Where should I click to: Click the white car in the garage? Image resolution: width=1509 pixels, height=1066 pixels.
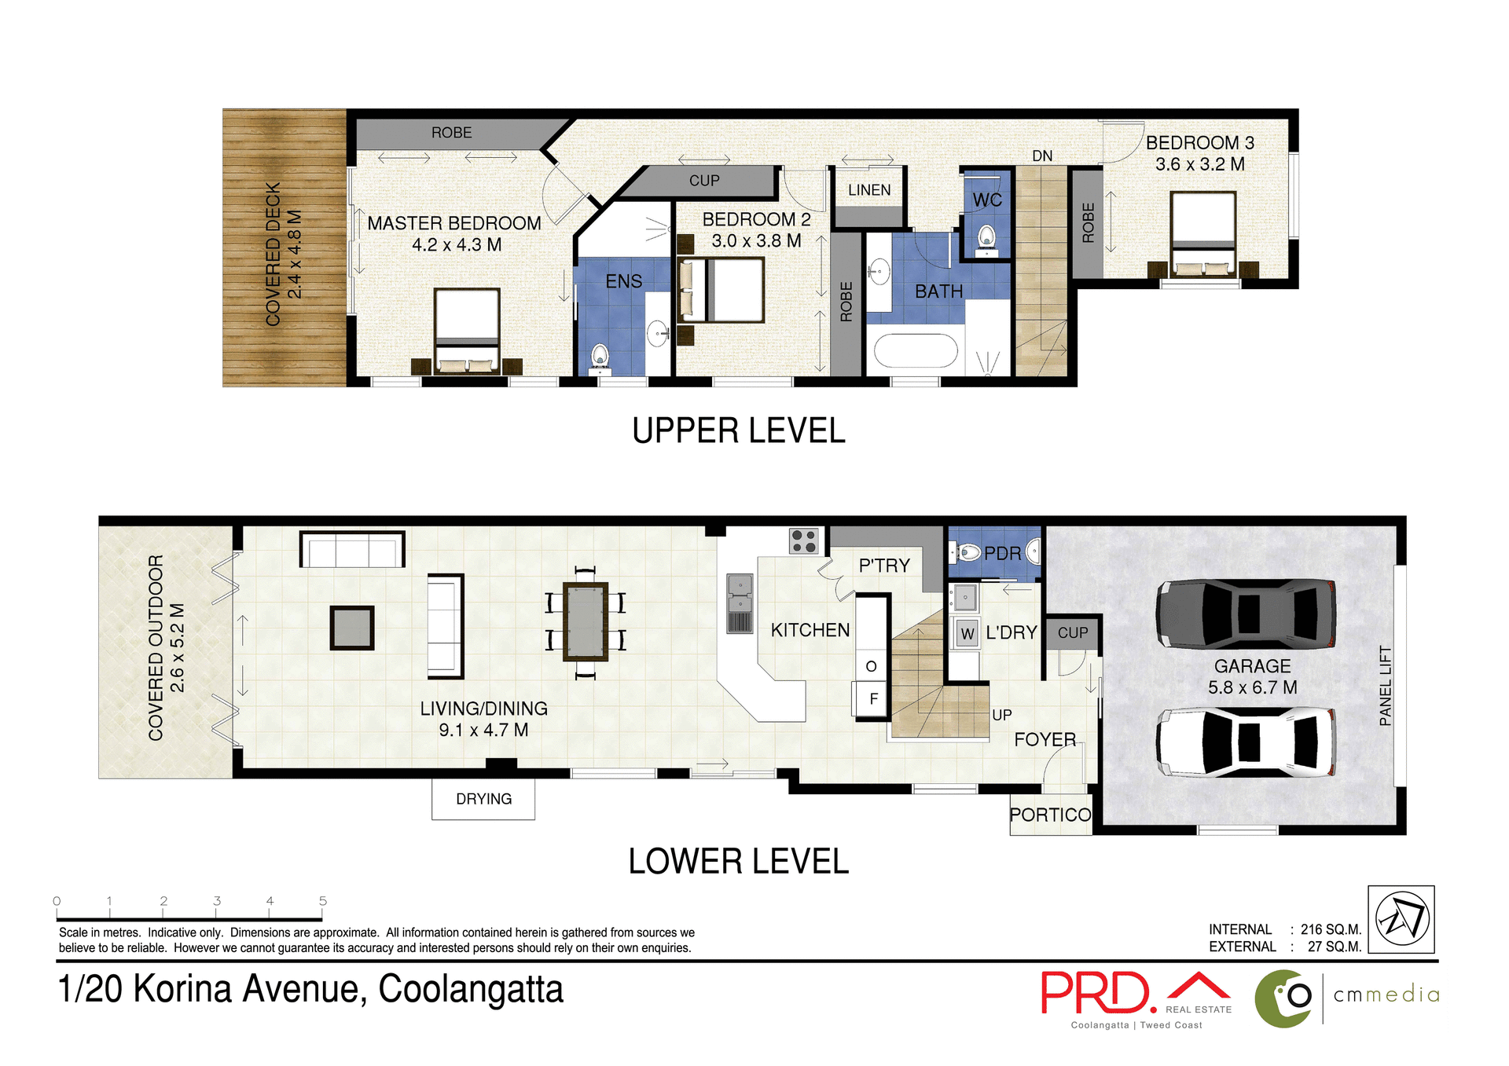pos(1246,742)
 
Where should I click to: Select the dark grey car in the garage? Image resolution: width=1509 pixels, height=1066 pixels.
pos(1246,614)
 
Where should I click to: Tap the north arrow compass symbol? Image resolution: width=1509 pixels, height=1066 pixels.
pos(1401,919)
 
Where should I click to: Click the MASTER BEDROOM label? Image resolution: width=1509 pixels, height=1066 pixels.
pos(454,224)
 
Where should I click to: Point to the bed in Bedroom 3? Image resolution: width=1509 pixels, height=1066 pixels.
pos(1202,233)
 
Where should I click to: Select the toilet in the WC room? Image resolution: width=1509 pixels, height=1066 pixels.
pos(986,236)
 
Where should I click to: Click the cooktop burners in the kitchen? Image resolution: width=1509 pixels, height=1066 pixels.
pos(804,541)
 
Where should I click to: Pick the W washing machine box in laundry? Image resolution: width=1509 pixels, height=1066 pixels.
pos(967,633)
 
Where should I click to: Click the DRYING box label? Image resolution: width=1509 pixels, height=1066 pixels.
pos(483,799)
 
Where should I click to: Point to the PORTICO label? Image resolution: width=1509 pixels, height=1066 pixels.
pos(1050,815)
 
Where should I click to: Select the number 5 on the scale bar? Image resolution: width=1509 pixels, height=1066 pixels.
pos(323,901)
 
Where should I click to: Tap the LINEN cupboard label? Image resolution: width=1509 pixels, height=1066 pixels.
pos(869,190)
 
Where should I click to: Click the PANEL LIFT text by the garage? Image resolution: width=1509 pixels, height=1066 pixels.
pos(1386,686)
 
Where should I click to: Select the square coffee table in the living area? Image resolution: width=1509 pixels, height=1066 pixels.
pos(351,628)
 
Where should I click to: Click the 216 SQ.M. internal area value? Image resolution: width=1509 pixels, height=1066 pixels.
pos(1331,929)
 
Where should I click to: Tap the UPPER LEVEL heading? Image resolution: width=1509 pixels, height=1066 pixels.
pos(739,431)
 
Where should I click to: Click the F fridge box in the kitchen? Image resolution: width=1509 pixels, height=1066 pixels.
pos(872,698)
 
